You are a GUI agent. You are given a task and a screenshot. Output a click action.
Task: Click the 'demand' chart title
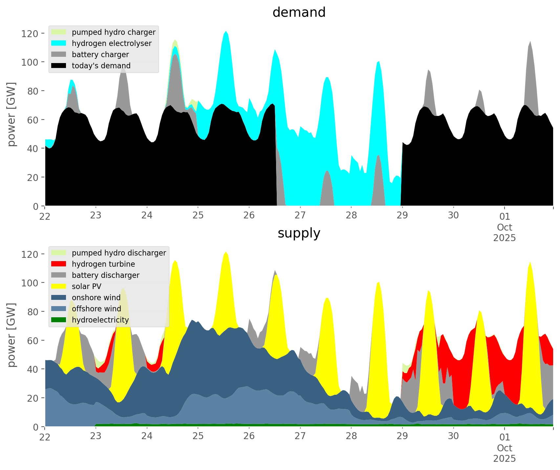click(x=299, y=12)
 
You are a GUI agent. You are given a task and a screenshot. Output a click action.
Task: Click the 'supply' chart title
click(x=299, y=233)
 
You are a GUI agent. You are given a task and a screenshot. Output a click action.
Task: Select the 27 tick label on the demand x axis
click(x=300, y=216)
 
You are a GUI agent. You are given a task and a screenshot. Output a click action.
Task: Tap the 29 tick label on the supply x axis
click(x=402, y=436)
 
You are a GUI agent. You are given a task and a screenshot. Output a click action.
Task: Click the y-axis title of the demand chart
click(x=11, y=114)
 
